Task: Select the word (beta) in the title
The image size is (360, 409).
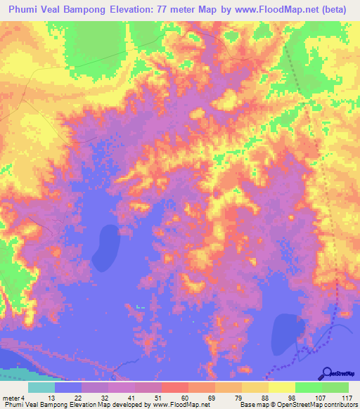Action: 337,8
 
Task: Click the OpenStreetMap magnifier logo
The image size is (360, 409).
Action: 326,373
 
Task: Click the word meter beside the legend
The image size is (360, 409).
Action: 10,398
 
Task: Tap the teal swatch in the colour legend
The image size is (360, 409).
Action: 41,387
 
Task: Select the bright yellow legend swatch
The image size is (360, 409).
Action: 282,387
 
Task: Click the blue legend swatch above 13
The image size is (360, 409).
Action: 68,387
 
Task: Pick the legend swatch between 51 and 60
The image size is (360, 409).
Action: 175,387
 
